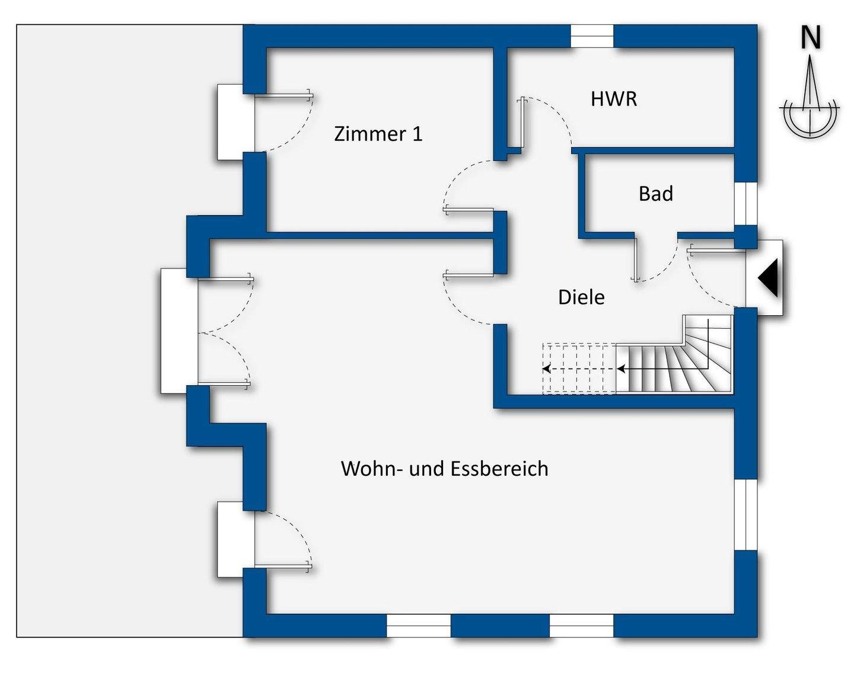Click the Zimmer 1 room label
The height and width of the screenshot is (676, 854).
click(x=378, y=134)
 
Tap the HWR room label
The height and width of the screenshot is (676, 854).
click(x=614, y=99)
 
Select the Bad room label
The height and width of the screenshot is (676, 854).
click(x=655, y=194)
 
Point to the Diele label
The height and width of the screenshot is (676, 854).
click(x=581, y=297)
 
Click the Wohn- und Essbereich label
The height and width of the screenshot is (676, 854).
click(x=444, y=469)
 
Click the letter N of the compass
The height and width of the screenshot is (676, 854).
click(x=811, y=38)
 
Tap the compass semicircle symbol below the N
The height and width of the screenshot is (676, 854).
click(x=810, y=118)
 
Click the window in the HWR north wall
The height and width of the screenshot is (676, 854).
click(x=592, y=36)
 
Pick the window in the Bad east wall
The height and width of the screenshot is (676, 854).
click(x=746, y=203)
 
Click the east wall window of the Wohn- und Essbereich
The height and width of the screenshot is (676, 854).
click(x=746, y=514)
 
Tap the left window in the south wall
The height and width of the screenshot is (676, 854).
click(x=419, y=626)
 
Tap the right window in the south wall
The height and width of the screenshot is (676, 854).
click(x=581, y=626)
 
